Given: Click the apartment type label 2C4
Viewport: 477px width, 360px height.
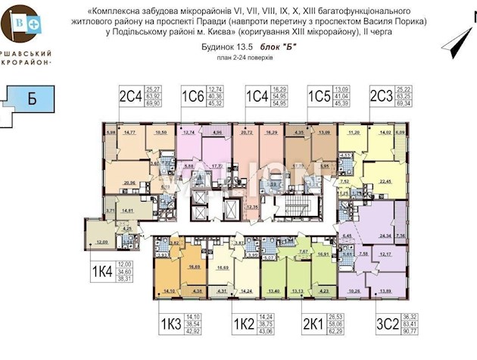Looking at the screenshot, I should point(130,96).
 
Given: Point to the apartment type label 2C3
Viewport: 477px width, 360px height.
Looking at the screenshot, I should point(381,96).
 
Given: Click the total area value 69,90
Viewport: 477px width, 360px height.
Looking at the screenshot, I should point(156,102).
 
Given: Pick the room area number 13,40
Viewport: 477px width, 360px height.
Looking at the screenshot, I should point(273,292).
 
